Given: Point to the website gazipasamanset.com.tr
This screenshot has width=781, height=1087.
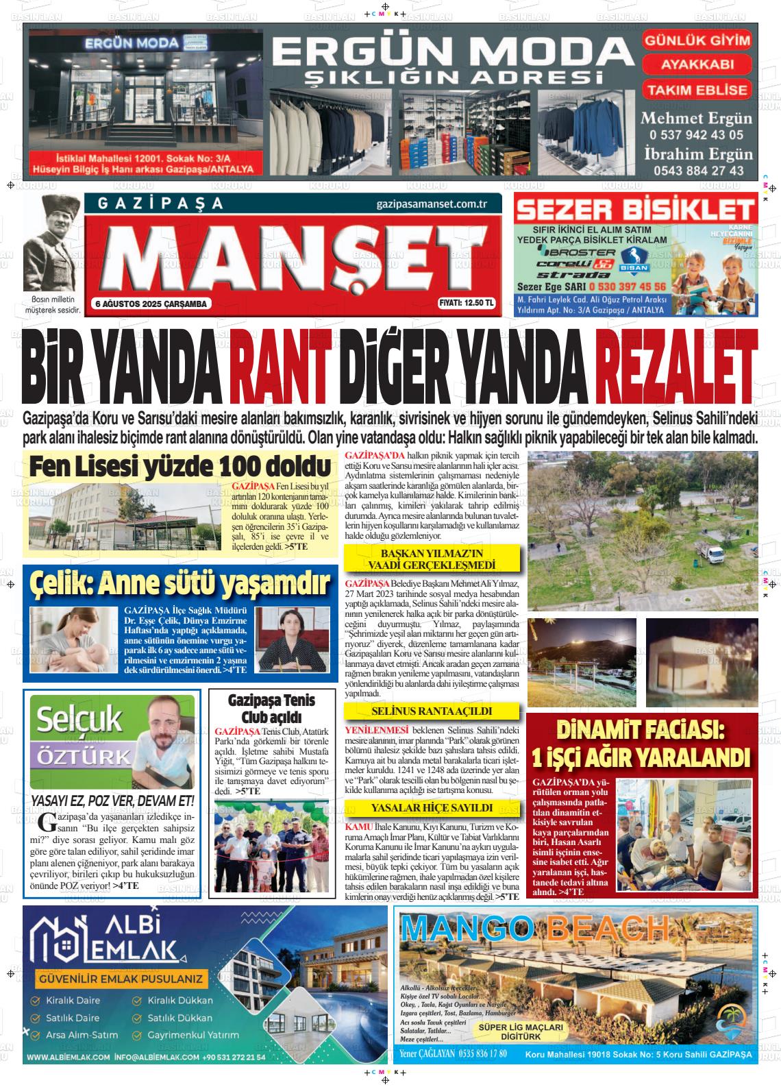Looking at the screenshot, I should (x=431, y=204).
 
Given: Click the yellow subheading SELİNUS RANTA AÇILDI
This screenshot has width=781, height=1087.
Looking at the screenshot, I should (x=431, y=711).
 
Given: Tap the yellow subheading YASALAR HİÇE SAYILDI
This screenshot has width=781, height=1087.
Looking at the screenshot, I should (x=431, y=808).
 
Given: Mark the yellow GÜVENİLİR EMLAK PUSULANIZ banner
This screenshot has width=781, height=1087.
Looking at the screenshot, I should (x=121, y=979).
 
